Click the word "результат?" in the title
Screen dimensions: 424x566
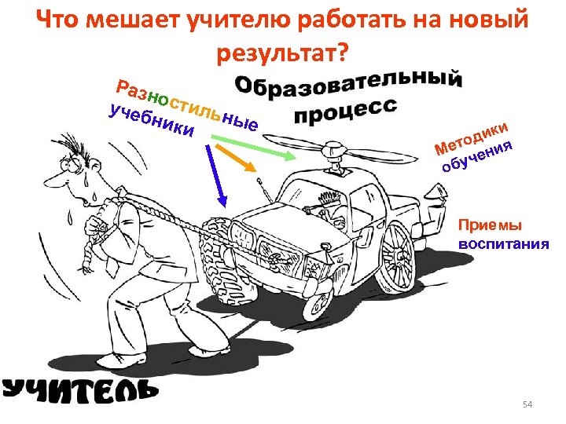[283, 53]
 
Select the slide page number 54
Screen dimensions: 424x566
[527, 404]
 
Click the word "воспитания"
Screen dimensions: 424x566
[503, 243]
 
